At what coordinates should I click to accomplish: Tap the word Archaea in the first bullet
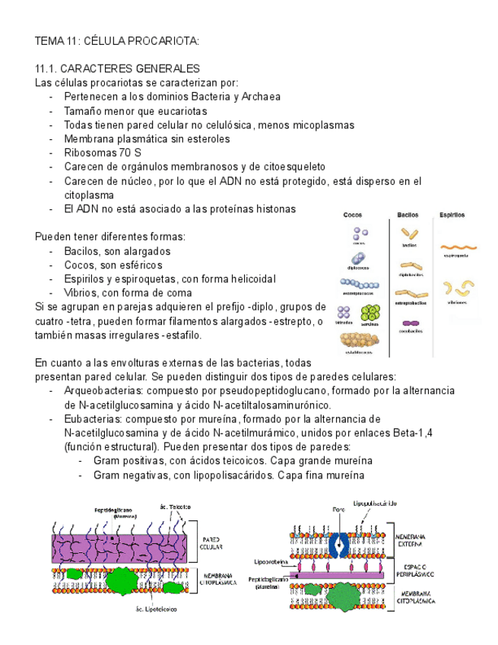259,97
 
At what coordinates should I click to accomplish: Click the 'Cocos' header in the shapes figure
353,215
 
